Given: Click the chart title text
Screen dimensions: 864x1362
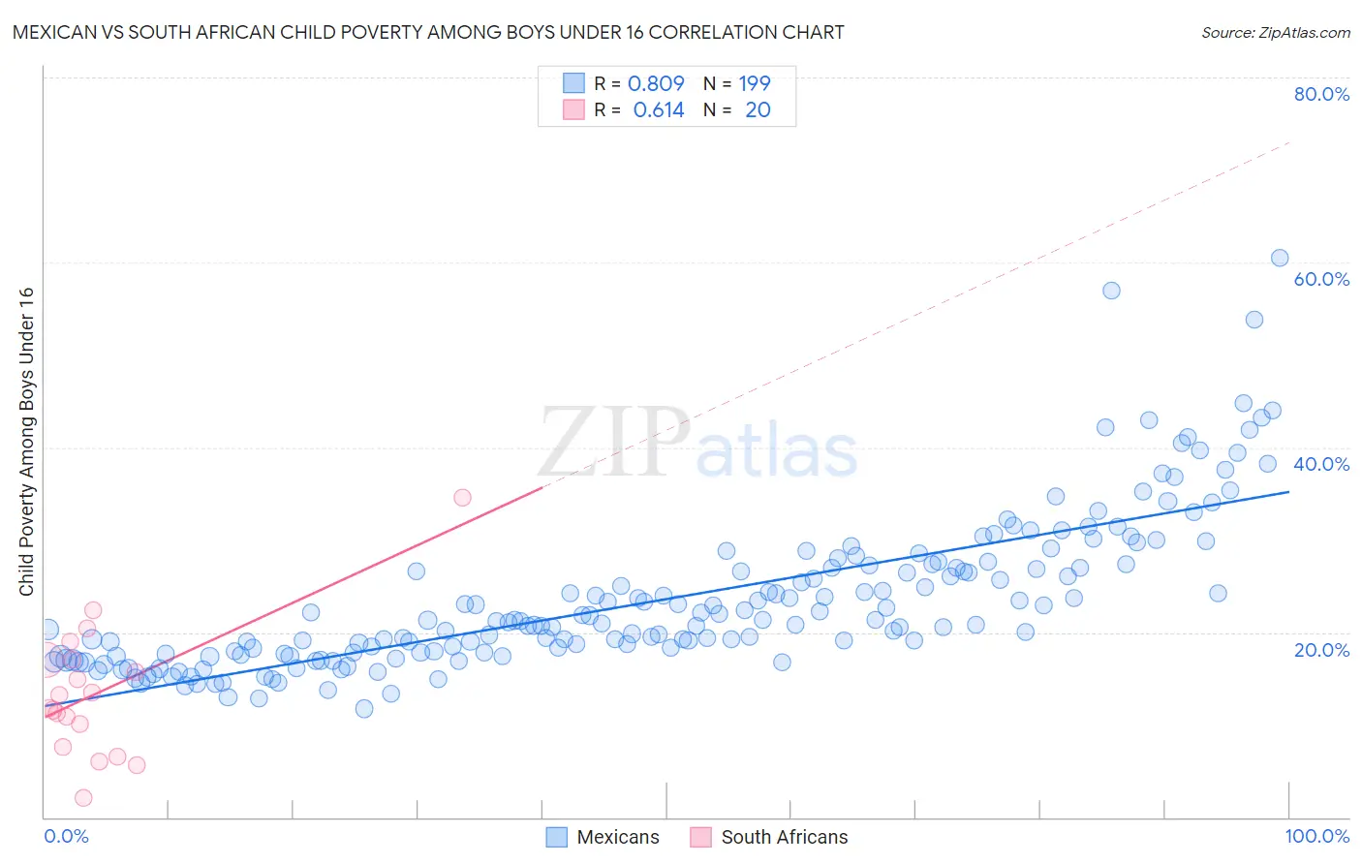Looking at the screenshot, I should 427,32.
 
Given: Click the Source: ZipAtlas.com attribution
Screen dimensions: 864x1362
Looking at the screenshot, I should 1275,32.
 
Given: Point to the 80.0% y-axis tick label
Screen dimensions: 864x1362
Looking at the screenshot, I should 1321,94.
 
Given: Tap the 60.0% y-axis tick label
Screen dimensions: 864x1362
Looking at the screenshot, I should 1321,279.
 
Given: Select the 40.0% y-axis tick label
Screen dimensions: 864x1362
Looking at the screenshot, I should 1321,464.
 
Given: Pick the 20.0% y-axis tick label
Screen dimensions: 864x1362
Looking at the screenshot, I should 1321,650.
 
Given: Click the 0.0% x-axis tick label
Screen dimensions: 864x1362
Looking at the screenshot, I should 66,836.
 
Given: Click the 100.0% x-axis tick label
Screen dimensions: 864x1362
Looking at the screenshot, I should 1316,836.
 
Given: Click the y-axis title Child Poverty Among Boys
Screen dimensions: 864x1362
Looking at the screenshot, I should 26,442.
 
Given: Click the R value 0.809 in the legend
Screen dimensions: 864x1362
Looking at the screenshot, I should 656,83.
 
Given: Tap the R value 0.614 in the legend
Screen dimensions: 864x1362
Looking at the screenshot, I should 659,109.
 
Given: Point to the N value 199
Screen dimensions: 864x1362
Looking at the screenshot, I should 755,83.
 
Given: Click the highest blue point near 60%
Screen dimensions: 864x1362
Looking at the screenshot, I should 1280,258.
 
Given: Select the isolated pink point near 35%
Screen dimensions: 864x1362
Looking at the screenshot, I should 462,497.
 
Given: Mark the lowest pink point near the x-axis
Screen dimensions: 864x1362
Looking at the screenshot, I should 83,797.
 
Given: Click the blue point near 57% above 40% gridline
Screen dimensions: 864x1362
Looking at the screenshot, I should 1111,291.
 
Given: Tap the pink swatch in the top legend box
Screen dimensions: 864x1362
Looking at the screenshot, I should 574,109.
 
